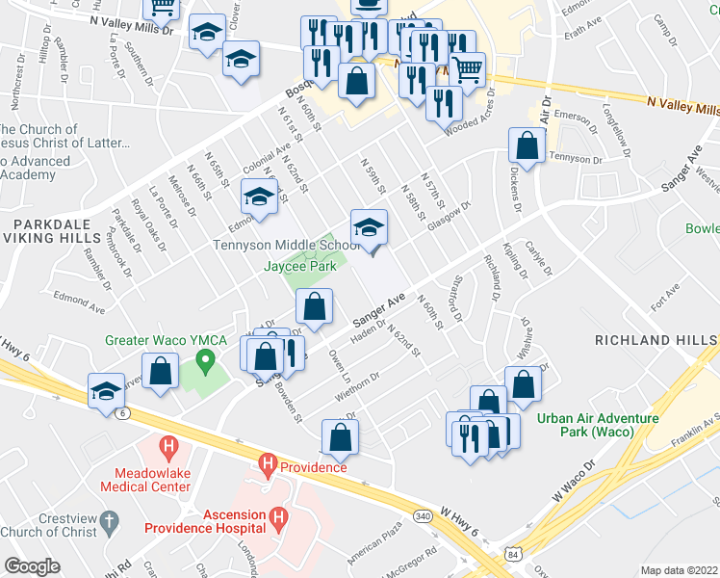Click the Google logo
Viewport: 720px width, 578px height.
point(32,565)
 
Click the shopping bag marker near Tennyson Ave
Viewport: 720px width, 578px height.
point(527,146)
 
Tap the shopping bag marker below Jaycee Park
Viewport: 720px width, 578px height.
point(314,308)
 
